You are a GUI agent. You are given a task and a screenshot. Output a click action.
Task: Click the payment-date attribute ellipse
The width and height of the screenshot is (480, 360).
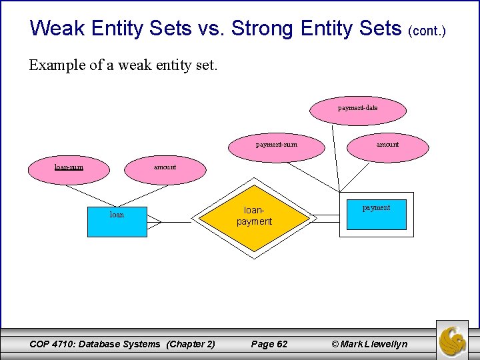pyautogui.click(x=358, y=108)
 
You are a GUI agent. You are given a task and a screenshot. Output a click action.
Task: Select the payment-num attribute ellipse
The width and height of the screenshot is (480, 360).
pyautogui.click(x=277, y=145)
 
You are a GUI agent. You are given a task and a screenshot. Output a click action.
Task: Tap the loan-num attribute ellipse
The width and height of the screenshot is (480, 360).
pyautogui.click(x=69, y=167)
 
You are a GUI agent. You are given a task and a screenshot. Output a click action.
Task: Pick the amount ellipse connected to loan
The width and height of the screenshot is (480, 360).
pyautogui.click(x=165, y=167)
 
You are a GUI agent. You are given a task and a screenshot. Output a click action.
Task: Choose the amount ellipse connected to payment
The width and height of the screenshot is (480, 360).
pyautogui.click(x=387, y=145)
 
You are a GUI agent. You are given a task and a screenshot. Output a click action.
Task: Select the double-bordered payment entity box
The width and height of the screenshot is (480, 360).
pyautogui.click(x=376, y=214)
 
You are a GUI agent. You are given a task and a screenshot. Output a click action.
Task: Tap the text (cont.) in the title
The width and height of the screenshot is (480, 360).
pyautogui.click(x=426, y=31)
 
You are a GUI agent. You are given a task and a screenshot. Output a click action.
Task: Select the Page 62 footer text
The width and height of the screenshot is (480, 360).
pyautogui.click(x=269, y=344)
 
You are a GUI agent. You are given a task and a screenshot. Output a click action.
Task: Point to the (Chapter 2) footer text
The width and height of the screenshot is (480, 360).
pyautogui.click(x=191, y=344)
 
